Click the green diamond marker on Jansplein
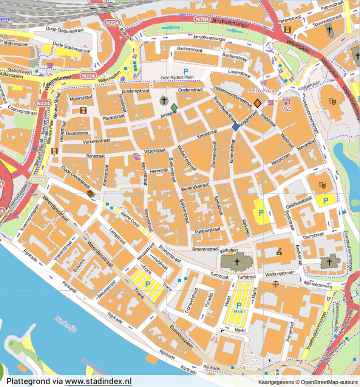pos(174,108)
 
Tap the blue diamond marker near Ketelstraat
pos(236,127)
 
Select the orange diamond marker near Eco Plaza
pos(257,103)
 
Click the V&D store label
pos(287,109)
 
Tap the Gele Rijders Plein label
pos(177,77)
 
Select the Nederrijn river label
pos(65,324)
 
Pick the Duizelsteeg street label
pos(77,133)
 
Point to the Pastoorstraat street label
pos(207,231)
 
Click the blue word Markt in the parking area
pos(239,311)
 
